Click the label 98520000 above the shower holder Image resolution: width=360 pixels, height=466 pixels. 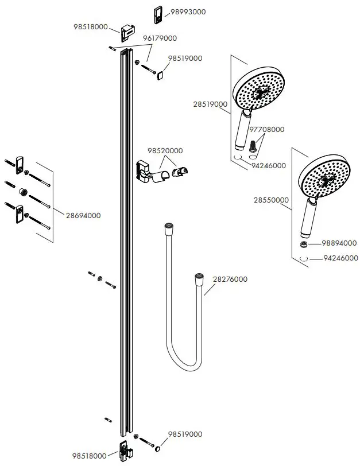click(165, 150)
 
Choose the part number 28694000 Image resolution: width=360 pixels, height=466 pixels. click(83, 215)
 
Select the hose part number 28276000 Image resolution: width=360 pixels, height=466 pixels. click(230, 279)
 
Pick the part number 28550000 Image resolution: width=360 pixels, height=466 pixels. click(271, 200)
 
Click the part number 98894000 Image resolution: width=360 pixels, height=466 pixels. click(339, 243)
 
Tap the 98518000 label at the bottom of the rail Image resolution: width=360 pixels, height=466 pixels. click(90, 456)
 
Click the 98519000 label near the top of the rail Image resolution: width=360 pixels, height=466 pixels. click(185, 59)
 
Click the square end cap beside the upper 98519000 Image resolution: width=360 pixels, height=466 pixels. click(161, 75)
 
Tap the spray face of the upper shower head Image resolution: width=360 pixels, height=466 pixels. click(259, 90)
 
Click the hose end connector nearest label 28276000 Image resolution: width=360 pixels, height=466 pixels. click(199, 279)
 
